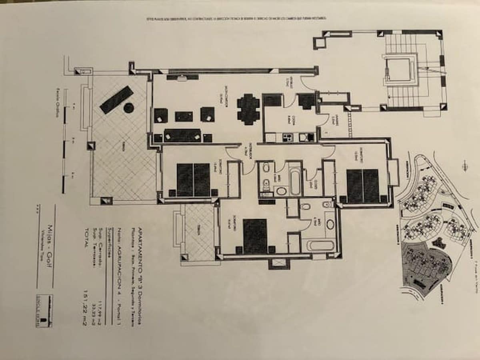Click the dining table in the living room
pos(248,109)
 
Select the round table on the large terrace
pos(128,108)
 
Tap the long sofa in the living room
pos(182,136)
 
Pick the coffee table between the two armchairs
pos(184,116)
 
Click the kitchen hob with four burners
pos(288,137)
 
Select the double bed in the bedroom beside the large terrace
pos(193,180)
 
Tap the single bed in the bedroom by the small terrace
pos(255,236)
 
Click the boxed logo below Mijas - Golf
pos(44,311)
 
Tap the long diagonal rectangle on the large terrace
pos(116,100)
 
